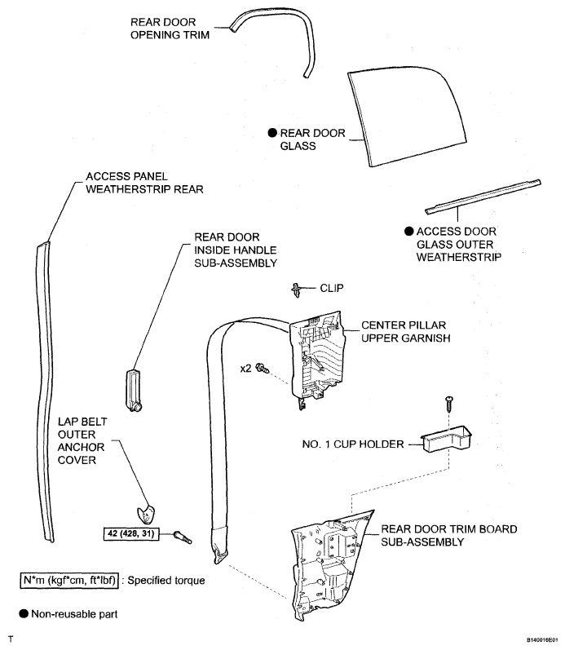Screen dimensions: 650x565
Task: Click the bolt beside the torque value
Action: (x=183, y=536)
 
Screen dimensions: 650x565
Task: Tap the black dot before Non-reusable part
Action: (x=24, y=613)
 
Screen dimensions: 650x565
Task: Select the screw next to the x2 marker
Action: (x=263, y=368)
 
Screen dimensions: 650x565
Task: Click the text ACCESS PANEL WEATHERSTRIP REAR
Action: (x=144, y=182)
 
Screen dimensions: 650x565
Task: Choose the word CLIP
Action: (x=332, y=287)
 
